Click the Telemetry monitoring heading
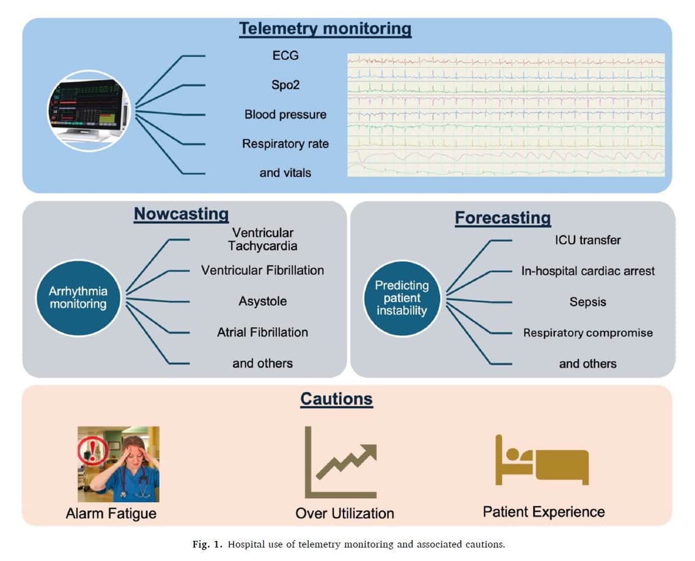pyautogui.click(x=325, y=29)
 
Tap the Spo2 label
pyautogui.click(x=285, y=84)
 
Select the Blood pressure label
pyautogui.click(x=285, y=114)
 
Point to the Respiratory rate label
pyautogui.click(x=285, y=144)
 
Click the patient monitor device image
pyautogui.click(x=89, y=111)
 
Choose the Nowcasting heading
pyautogui.click(x=182, y=214)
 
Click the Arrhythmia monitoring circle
pyautogui.click(x=78, y=297)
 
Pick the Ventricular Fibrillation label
pyautogui.click(x=262, y=270)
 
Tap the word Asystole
pyautogui.click(x=263, y=301)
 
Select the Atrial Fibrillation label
pyautogui.click(x=262, y=332)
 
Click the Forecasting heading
pyautogui.click(x=502, y=218)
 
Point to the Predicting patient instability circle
pyautogui.click(x=402, y=298)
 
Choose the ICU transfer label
pyautogui.click(x=588, y=240)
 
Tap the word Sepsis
pyautogui.click(x=588, y=302)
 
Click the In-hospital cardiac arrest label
pyautogui.click(x=588, y=271)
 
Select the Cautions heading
pyautogui.click(x=336, y=399)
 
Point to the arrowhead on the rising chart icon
pyautogui.click(x=369, y=451)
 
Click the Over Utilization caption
pyautogui.click(x=345, y=513)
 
